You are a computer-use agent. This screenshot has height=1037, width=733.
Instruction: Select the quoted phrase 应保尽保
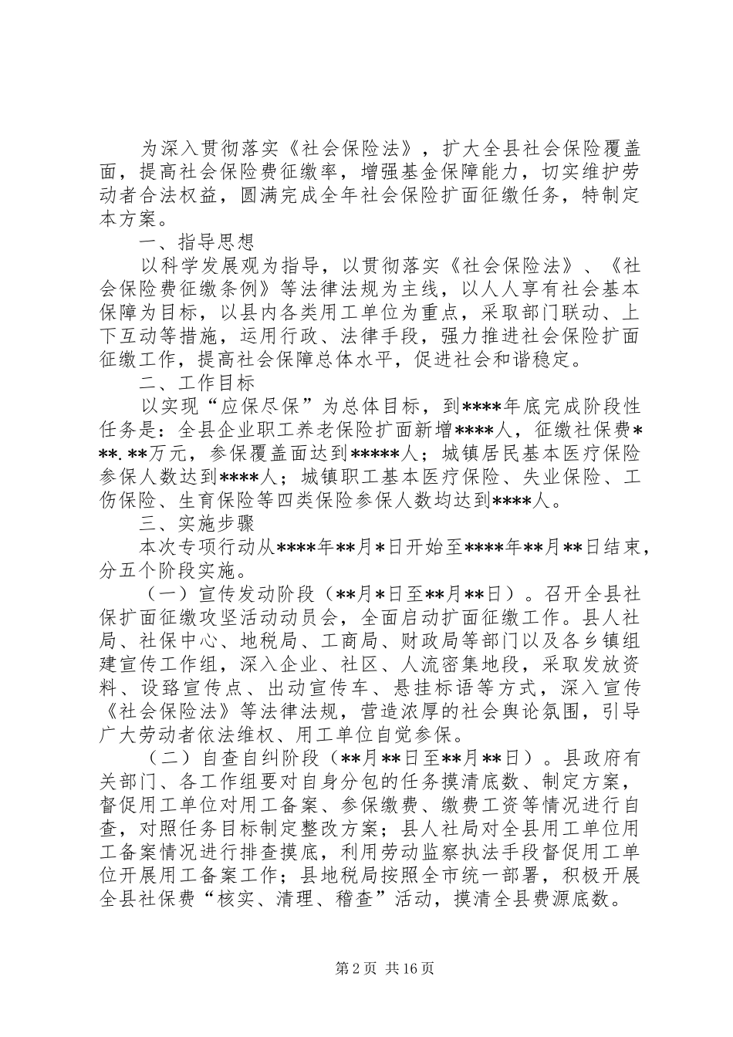(x=262, y=406)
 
